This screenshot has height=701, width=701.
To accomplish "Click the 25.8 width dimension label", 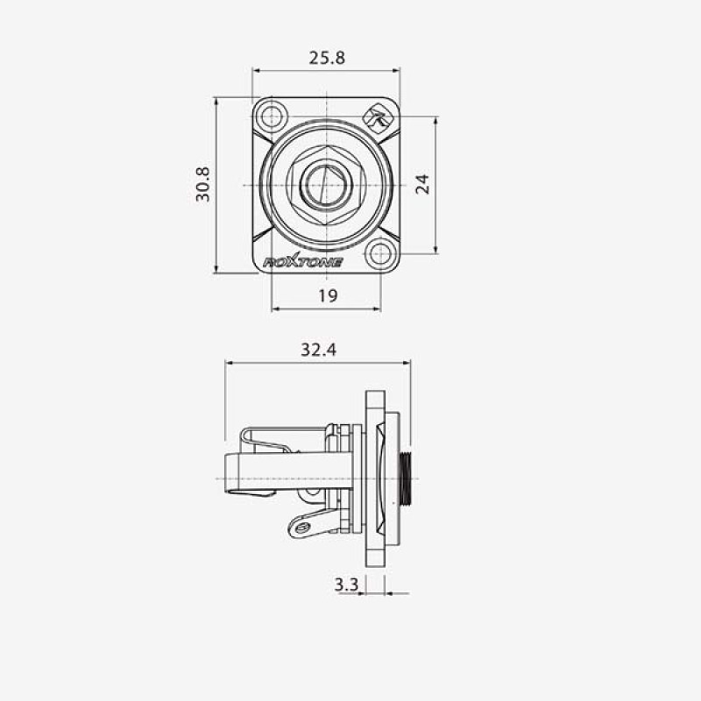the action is (327, 58).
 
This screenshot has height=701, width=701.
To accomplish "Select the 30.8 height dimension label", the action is (202, 184).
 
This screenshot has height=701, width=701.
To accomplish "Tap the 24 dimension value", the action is (422, 184).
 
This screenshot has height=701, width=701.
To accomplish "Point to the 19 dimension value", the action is (328, 295).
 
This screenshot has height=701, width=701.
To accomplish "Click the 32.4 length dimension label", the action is (318, 350).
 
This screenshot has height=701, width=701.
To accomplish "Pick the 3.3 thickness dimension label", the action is (346, 584).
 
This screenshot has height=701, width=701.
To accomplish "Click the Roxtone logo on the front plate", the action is (302, 262).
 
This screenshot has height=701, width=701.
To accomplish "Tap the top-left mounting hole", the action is (272, 117).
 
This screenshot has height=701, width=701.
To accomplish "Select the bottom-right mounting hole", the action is (380, 254).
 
